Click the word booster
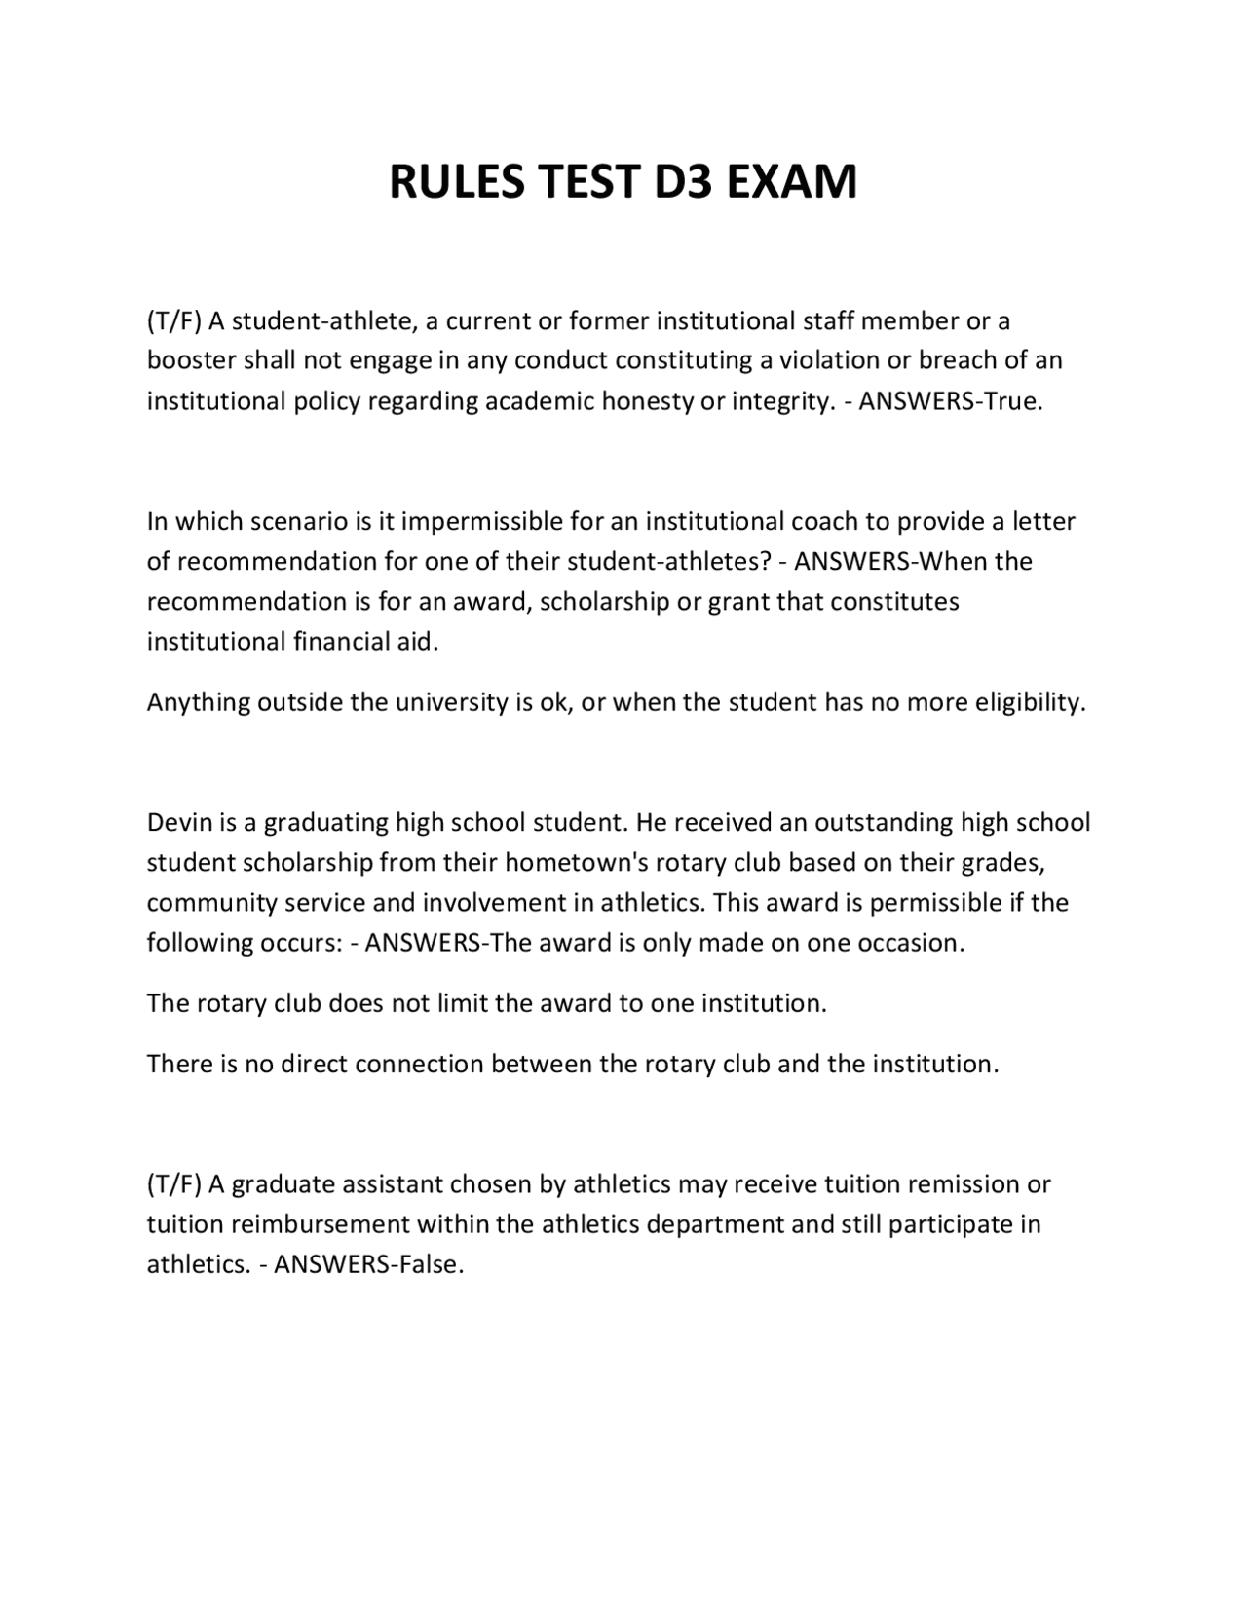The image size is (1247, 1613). [x=191, y=360]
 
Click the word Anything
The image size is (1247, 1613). [x=198, y=702]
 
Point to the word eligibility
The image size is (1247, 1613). [x=1031, y=702]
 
